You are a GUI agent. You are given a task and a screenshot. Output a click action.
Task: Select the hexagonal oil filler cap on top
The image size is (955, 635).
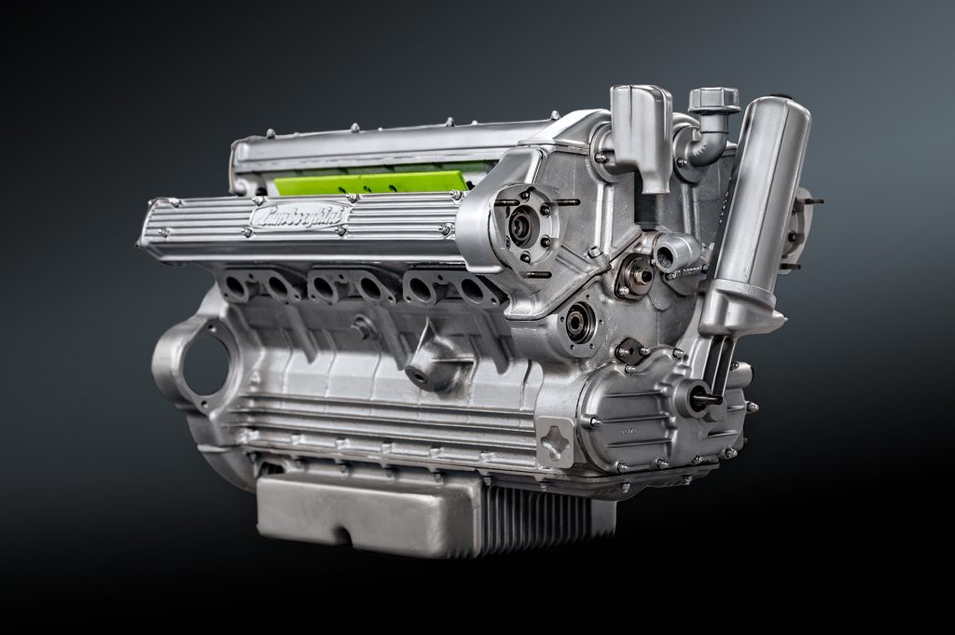(x=713, y=99)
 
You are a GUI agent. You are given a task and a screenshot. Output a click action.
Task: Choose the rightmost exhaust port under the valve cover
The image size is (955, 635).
(x=476, y=290)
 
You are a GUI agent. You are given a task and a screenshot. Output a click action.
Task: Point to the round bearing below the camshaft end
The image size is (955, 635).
(x=578, y=323)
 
